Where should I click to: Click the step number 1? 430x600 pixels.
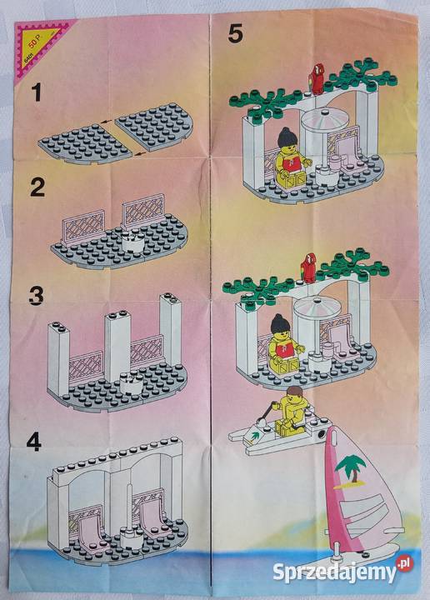[x=35, y=94]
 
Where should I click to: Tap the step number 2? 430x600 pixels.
[x=37, y=187]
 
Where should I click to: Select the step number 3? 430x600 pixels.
[x=35, y=297]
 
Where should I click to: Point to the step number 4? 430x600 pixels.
[x=33, y=442]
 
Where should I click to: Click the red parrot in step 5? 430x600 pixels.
[x=315, y=76]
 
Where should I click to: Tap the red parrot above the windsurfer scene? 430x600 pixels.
[x=307, y=264]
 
